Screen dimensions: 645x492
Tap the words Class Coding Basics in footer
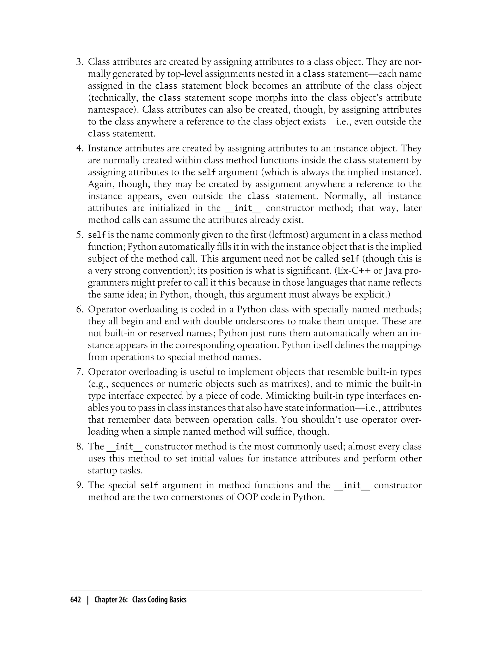point(159,600)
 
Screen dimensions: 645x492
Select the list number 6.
point(80,310)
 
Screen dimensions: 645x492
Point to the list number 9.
point(80,485)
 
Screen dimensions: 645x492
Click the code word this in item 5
point(227,283)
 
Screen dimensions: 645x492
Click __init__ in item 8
point(124,447)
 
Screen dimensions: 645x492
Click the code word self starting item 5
point(97,235)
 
